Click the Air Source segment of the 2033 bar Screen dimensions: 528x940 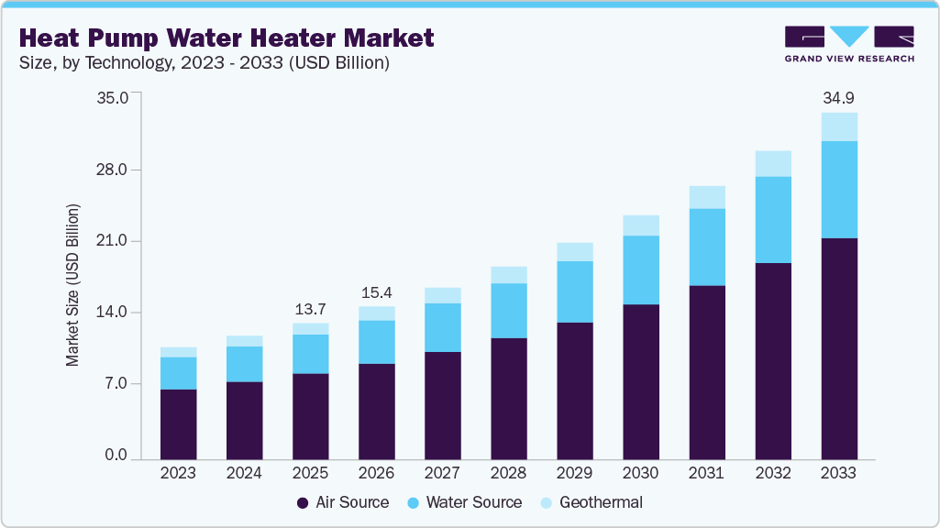click(x=839, y=348)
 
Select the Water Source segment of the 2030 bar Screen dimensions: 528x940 click(x=641, y=269)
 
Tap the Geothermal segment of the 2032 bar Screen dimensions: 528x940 click(x=773, y=163)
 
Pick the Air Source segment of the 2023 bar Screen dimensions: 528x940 click(x=179, y=423)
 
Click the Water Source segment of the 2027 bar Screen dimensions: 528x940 click(x=443, y=327)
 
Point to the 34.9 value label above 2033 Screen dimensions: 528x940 click(x=839, y=97)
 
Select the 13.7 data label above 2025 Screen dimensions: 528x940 click(x=311, y=308)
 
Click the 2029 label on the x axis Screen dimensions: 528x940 click(x=574, y=473)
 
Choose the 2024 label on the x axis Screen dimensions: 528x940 click(x=244, y=473)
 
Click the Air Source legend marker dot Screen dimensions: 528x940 click(x=303, y=503)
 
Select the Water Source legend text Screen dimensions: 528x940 click(x=474, y=502)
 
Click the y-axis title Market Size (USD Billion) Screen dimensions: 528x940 click(x=72, y=285)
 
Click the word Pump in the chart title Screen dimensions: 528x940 click(x=136, y=38)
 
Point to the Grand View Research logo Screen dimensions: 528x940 click(x=849, y=44)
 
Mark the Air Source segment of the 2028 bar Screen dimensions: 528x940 click(x=509, y=398)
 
